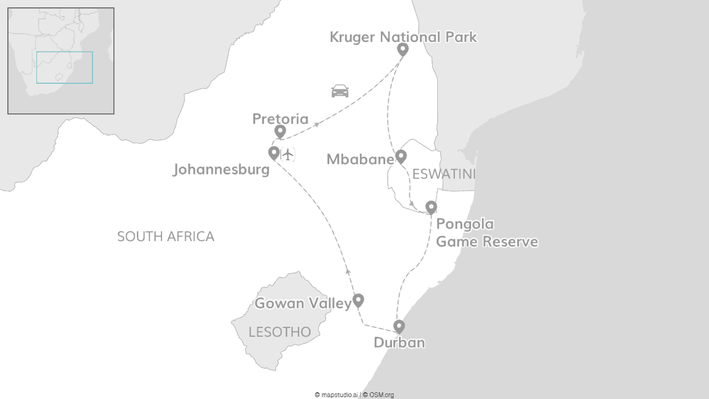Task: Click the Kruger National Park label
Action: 403,37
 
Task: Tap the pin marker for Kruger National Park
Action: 403,49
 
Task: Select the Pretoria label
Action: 280,118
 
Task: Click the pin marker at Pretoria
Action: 280,131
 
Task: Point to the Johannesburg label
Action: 221,169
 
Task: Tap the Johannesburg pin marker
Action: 274,152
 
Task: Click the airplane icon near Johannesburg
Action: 288,154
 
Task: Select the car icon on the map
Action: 340,91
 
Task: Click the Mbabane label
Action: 360,160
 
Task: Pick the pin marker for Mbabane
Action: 401,156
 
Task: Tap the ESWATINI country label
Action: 444,175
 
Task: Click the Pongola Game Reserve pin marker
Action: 431,207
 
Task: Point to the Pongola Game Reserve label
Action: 486,232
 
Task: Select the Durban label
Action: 400,343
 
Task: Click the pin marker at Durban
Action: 399,326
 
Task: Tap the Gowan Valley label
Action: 303,303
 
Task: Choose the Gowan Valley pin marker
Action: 358,300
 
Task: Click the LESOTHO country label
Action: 279,332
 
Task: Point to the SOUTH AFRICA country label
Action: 166,236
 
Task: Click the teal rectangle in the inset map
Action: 64,67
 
